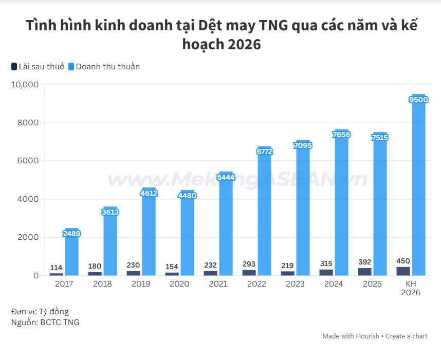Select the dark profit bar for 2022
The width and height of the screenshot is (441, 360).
tap(249, 272)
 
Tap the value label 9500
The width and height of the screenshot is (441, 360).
tap(418, 100)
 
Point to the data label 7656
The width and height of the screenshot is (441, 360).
tap(341, 135)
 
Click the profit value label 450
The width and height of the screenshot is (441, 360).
tap(403, 261)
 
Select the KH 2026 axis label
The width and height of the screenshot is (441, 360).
tap(410, 288)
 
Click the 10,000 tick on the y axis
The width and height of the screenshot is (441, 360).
tap(25, 84)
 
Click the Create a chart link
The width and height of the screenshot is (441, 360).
tap(407, 336)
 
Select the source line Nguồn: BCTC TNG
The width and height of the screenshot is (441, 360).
tap(45, 323)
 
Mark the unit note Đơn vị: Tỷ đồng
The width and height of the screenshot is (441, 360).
tap(40, 311)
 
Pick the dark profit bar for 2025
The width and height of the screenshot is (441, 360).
tap(364, 271)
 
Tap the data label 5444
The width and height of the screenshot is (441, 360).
tap(226, 177)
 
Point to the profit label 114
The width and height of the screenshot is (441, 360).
tap(56, 267)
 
